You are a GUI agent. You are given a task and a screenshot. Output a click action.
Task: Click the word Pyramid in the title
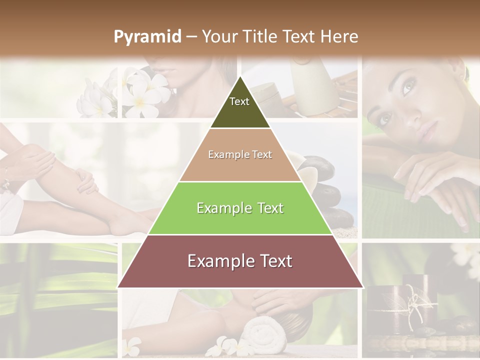(x=147, y=37)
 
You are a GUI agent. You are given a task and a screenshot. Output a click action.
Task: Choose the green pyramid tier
(x=240, y=208)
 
